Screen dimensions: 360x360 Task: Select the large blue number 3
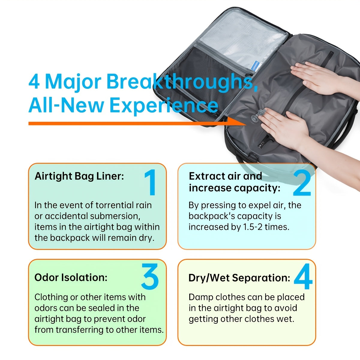coord(150,277)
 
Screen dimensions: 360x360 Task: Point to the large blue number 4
coord(303,276)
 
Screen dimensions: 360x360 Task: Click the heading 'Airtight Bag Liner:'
coord(79,176)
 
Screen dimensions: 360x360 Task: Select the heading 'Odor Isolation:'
coord(71,277)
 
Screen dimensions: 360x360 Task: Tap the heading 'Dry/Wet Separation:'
coord(239,278)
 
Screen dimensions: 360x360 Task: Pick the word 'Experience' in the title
coord(164,106)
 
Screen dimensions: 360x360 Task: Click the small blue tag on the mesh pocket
coord(255,65)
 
